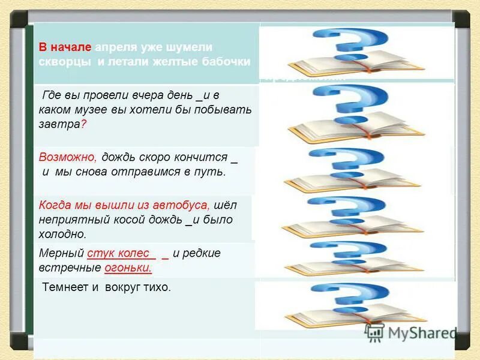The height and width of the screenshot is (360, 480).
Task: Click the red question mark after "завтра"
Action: click(83, 124)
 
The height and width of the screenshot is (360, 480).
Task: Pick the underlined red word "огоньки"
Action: click(127, 268)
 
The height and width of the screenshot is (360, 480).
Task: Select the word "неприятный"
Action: click(72, 220)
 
